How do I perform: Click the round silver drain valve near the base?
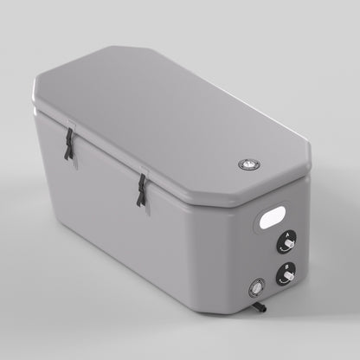(256, 286)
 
